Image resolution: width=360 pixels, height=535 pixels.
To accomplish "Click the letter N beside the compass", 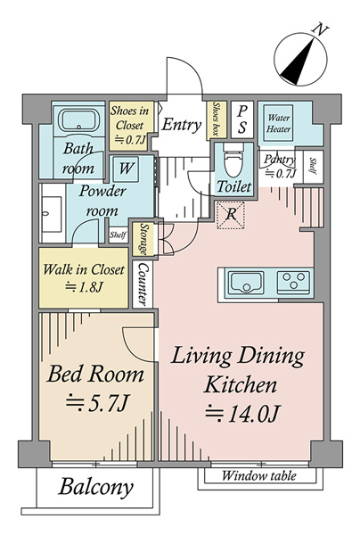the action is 320,29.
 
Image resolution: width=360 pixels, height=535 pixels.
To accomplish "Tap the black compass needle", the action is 298,62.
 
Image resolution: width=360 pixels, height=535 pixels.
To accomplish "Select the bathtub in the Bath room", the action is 79,120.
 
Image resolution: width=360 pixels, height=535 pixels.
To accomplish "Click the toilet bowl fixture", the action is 233,160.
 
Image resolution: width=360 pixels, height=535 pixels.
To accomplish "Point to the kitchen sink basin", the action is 246,282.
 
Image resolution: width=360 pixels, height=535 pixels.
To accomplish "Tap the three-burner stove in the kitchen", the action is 294,282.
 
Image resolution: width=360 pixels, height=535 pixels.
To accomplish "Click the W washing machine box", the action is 126,169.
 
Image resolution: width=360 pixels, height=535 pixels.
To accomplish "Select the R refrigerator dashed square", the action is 231,215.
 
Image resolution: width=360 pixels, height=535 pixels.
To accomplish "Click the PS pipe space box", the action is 242,119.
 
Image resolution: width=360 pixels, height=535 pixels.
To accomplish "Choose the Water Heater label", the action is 279,124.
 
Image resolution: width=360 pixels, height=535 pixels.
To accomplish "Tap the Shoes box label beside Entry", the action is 215,119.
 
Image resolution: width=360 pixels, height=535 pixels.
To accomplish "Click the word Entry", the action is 182,125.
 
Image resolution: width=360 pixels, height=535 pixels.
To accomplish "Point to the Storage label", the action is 143,238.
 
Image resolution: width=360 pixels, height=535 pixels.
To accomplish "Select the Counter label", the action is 143,284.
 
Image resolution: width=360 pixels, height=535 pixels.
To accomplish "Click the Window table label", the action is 259,475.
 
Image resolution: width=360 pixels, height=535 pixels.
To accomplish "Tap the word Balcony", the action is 96,487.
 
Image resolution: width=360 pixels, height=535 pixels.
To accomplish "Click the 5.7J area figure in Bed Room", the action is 97,403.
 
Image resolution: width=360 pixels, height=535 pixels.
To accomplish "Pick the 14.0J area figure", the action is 242,414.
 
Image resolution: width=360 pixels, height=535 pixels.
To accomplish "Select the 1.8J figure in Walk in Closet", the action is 84,287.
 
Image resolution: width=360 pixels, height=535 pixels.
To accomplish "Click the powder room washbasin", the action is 51,214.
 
